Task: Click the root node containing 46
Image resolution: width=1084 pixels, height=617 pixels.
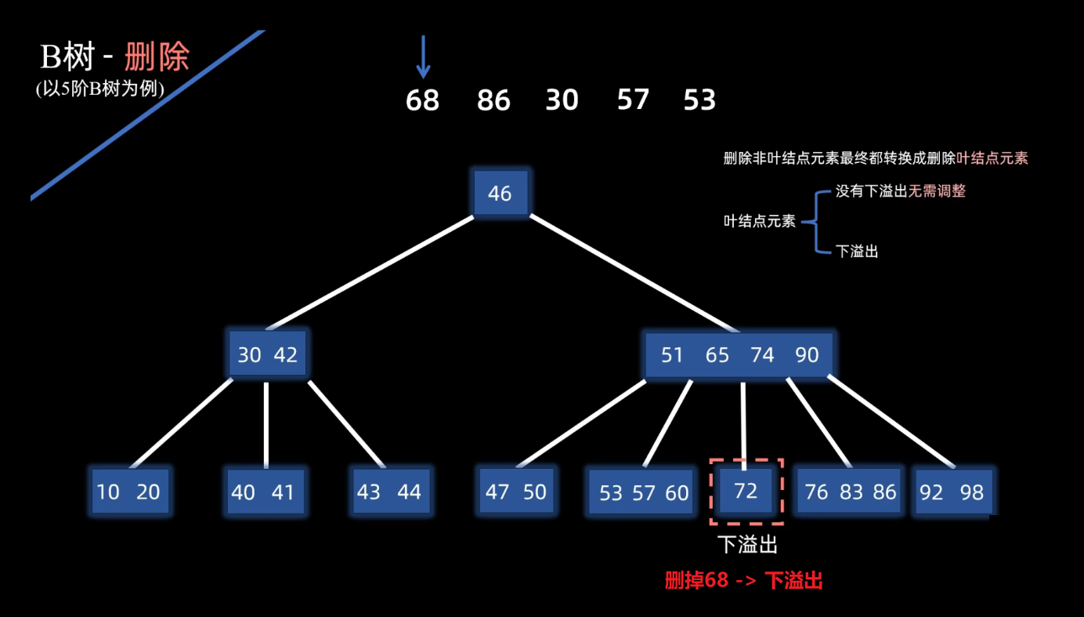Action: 500,193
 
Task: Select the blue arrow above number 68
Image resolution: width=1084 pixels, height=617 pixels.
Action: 423,56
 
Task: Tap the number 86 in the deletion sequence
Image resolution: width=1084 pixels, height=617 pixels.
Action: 493,100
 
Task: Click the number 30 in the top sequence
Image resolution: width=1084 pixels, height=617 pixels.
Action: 562,100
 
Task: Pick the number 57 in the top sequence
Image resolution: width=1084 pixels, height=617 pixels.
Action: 633,100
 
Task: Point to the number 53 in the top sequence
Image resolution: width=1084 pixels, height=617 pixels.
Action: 699,100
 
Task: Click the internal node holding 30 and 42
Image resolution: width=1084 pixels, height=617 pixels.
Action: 267,355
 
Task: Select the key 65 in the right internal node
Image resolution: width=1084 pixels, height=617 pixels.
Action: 717,355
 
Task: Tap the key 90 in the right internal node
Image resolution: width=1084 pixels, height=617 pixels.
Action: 807,355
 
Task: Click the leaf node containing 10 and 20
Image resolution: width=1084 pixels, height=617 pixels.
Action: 129,492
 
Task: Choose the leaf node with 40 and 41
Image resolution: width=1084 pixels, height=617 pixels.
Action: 266,492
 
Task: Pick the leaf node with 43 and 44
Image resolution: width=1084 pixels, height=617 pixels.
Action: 389,492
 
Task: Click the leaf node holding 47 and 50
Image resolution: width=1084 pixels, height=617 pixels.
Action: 516,492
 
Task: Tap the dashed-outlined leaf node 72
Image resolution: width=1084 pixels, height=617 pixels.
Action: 746,491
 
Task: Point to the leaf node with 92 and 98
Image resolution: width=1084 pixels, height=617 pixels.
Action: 952,492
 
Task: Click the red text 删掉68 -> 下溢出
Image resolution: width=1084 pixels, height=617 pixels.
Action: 743,581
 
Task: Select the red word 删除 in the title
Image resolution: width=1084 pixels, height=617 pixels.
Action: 157,57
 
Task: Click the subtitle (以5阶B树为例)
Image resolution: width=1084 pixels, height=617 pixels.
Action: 100,89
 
